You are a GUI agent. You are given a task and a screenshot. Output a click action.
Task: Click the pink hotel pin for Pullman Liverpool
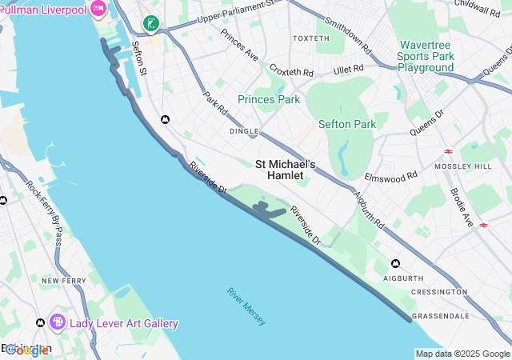click(98, 9)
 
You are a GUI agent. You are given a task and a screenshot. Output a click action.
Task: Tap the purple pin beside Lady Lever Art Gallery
click(58, 322)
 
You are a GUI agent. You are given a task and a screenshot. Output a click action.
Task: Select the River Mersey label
click(246, 306)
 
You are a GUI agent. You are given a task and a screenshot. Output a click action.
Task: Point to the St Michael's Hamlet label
click(286, 169)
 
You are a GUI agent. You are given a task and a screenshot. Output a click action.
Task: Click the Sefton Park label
click(346, 124)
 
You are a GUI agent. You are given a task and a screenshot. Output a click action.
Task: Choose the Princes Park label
click(268, 99)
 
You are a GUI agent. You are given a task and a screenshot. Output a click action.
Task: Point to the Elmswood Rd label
click(390, 175)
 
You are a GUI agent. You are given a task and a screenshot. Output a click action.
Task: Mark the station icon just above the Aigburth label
click(395, 263)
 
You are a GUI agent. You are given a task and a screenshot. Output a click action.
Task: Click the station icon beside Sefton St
click(165, 119)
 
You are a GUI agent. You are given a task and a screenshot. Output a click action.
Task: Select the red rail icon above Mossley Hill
click(449, 150)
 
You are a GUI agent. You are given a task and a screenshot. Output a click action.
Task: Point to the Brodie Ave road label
click(462, 208)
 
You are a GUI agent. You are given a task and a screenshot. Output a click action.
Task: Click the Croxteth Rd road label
click(289, 70)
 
